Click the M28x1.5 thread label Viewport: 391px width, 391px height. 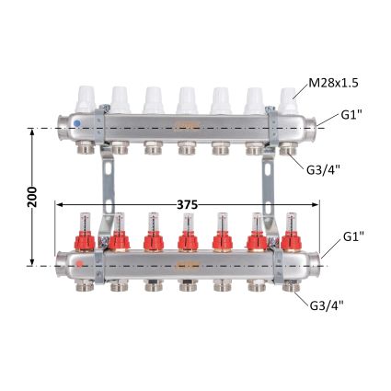333,83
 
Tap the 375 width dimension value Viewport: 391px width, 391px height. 187,205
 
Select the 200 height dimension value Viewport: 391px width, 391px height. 32,197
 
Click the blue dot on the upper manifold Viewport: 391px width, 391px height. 77,123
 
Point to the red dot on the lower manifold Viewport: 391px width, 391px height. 79,264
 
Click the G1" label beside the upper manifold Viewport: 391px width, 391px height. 351,115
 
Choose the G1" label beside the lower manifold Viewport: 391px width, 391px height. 353,236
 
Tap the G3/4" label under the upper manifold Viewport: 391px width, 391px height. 324,170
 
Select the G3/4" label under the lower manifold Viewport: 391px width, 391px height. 327,305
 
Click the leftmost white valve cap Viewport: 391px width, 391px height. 86,98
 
